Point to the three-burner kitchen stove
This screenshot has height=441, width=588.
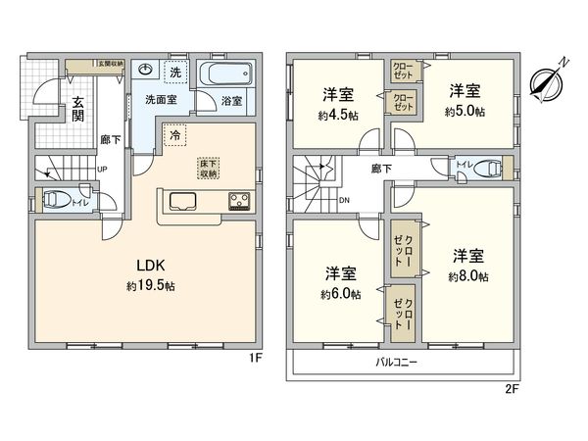tap(238, 203)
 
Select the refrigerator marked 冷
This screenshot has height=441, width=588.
tap(172, 137)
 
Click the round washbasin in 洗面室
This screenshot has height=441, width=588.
tap(146, 70)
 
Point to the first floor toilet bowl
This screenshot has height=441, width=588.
tap(58, 200)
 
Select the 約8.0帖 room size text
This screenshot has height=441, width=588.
tap(469, 277)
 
